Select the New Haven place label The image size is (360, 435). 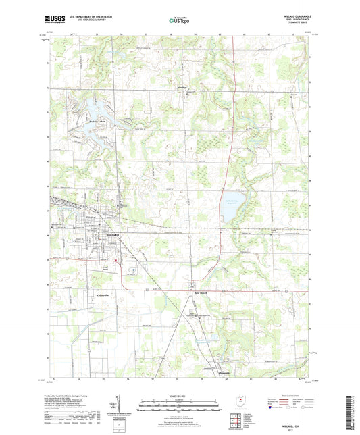pos(195,293)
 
